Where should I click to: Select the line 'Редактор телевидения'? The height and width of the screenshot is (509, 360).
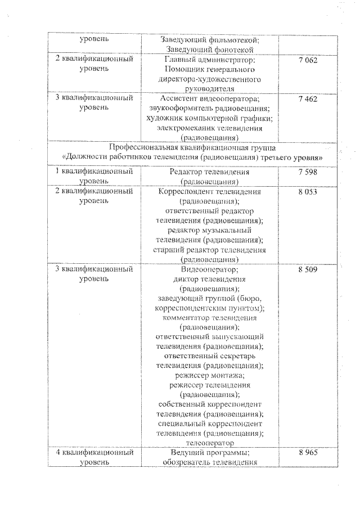point(209,172)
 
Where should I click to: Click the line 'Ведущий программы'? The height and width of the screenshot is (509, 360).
point(209,453)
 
